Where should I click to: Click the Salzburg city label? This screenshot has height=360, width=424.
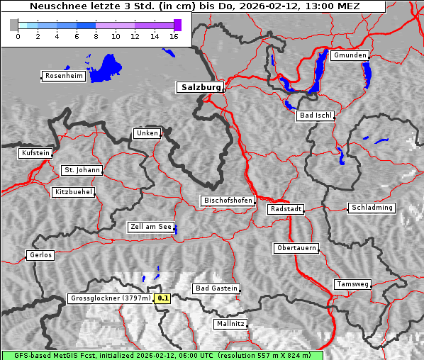[200, 87]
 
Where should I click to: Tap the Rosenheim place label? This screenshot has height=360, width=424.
[63, 76]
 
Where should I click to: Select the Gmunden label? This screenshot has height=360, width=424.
[350, 55]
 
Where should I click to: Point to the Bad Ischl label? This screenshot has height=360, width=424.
[315, 116]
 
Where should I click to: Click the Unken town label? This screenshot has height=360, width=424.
[146, 133]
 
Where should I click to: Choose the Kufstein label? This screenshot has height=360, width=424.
[35, 153]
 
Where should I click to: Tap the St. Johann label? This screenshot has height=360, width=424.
[82, 170]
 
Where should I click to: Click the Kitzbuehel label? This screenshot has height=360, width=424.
[73, 192]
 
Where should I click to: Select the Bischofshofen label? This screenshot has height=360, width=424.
[228, 201]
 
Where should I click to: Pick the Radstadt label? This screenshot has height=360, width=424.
[286, 209]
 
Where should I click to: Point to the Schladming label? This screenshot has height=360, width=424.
[371, 208]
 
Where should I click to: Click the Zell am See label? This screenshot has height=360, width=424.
[151, 227]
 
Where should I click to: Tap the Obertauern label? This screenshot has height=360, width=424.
[296, 248]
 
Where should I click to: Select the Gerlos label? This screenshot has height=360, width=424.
[40, 255]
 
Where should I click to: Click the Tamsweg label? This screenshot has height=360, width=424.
[352, 284]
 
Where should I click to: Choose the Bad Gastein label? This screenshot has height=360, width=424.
[216, 288]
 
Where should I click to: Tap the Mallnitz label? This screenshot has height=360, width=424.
[230, 324]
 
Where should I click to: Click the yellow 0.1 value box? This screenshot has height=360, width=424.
[163, 298]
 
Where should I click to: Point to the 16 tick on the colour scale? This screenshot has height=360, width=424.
[173, 36]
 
